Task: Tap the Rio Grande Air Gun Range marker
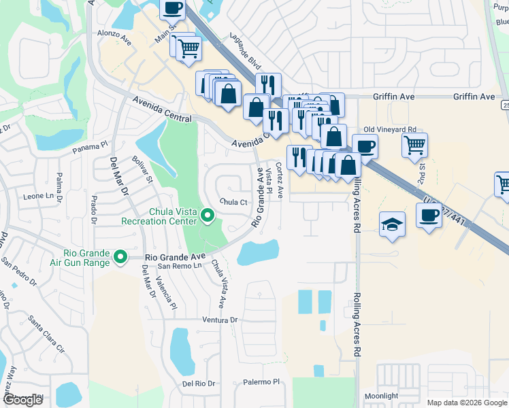click(x=120, y=256)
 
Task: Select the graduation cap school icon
click(x=392, y=224)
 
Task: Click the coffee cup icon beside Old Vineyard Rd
click(x=365, y=146)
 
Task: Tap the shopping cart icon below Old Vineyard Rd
click(x=414, y=144)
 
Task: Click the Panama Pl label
click(x=91, y=145)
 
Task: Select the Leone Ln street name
click(x=38, y=196)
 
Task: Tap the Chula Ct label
click(x=233, y=202)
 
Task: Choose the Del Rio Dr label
click(x=199, y=384)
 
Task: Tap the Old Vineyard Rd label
click(x=389, y=129)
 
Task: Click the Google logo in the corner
click(x=22, y=400)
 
